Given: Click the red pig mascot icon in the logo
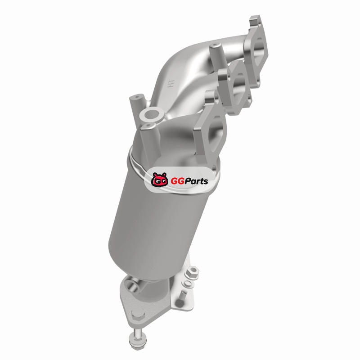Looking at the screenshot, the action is coord(159,180).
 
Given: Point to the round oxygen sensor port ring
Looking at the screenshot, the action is coord(150,114).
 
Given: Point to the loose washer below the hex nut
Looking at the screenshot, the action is coord(187,283).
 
